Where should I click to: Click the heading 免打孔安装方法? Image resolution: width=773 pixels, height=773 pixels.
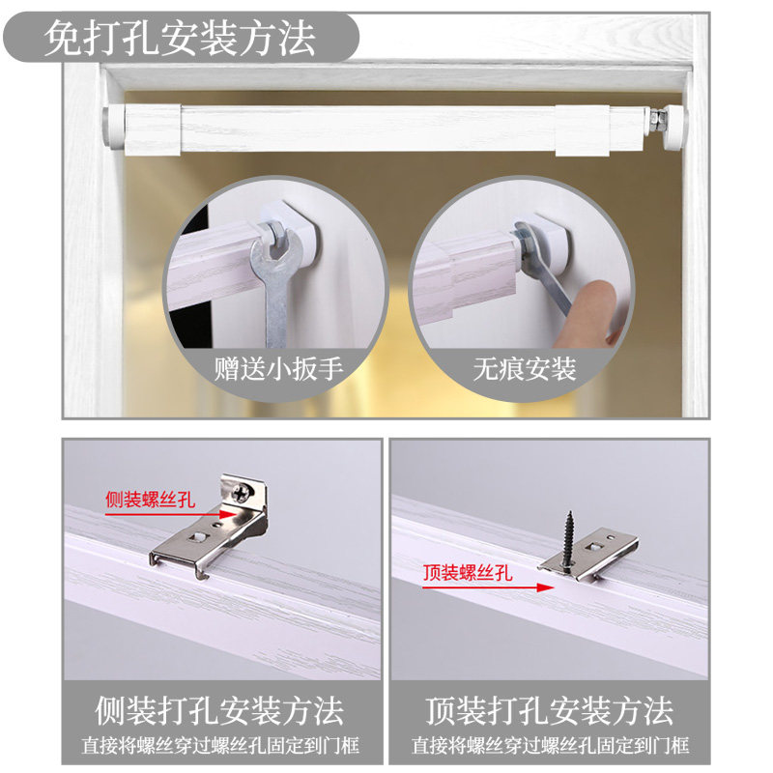180,39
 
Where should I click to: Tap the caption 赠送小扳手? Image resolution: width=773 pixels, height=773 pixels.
278,369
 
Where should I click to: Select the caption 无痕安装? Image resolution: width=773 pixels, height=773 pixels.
524,369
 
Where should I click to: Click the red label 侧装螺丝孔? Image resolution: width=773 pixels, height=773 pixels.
150,501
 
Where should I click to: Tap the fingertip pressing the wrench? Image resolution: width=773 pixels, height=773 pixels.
604,300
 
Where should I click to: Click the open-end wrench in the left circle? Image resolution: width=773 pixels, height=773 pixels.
272,280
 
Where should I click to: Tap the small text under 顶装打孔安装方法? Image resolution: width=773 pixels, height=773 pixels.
550,746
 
